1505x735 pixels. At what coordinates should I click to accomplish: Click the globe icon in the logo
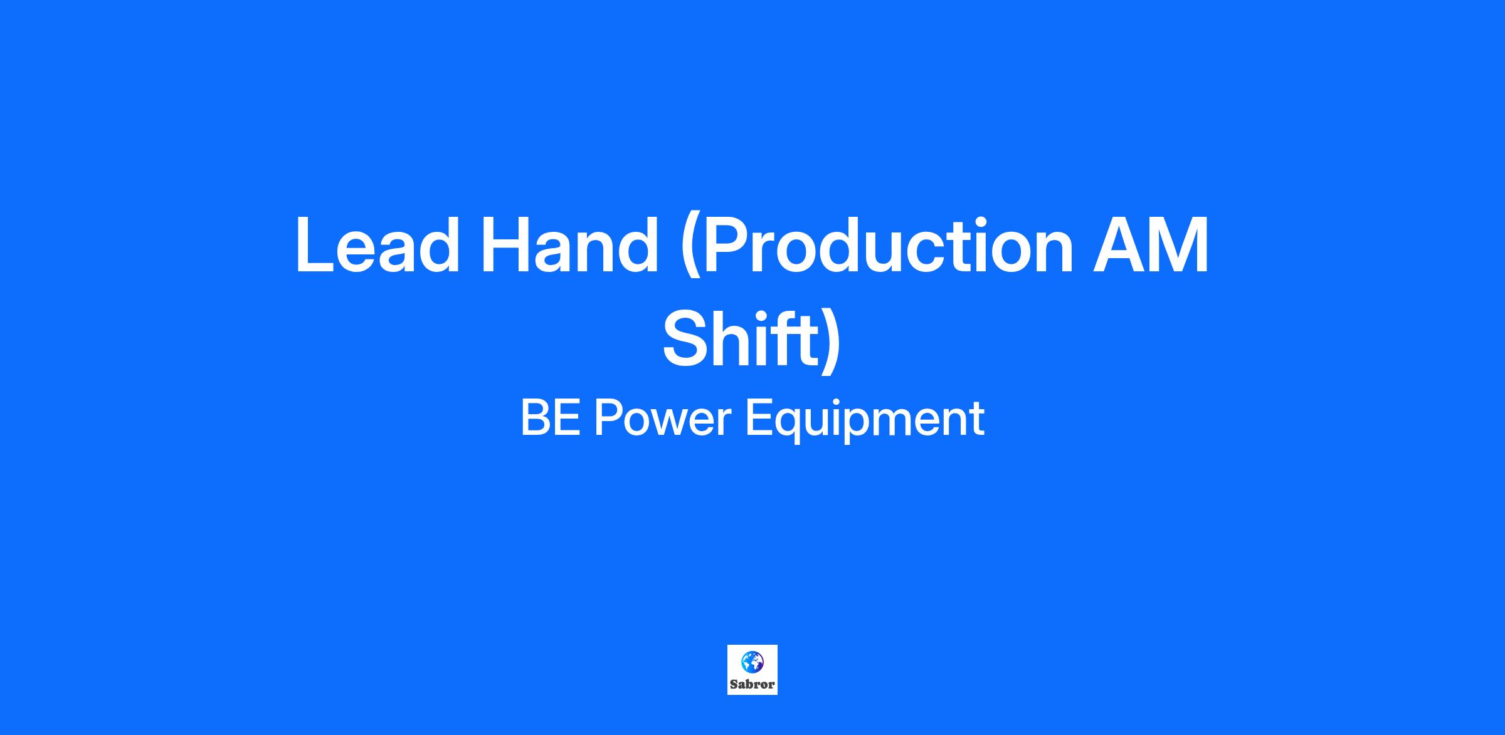coord(752,662)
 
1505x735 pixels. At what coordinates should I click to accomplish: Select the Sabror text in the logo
coord(752,684)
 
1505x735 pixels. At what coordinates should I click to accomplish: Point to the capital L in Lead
coord(317,245)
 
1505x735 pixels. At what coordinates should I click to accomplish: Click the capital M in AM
coord(1180,245)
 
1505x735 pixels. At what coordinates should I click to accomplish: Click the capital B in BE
coord(536,418)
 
